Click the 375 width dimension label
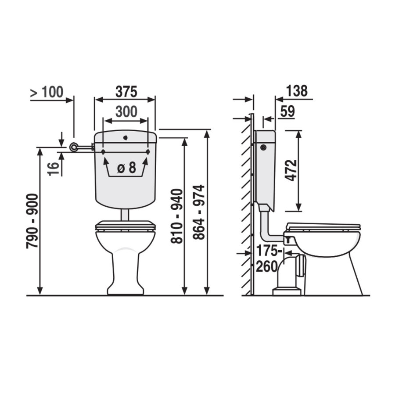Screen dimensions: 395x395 click(x=126, y=92)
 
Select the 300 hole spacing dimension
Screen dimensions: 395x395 click(x=126, y=111)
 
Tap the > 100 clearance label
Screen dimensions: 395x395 click(x=47, y=93)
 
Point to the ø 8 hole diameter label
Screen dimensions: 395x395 click(x=126, y=167)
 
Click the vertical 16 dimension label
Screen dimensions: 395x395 click(x=54, y=169)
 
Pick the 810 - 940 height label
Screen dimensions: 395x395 click(x=176, y=216)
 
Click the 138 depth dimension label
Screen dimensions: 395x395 click(x=296, y=91)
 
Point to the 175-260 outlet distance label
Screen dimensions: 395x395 click(x=267, y=259)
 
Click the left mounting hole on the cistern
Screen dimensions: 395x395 click(x=103, y=152)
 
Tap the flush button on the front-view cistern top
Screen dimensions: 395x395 click(x=126, y=137)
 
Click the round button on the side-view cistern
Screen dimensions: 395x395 click(x=263, y=147)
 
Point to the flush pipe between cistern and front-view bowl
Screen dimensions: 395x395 click(x=126, y=215)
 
